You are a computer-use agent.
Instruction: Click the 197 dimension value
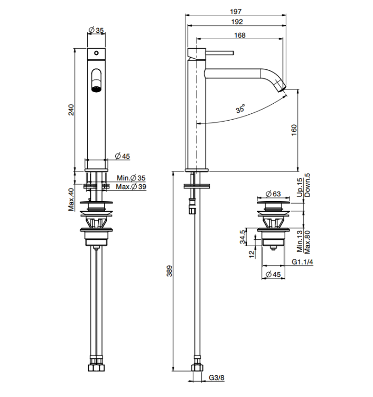click(x=236, y=12)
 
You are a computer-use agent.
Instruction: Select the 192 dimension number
click(x=237, y=22)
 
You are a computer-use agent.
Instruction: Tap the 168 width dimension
click(x=239, y=35)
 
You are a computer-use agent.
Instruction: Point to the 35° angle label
click(x=240, y=109)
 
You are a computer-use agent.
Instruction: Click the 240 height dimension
click(x=71, y=110)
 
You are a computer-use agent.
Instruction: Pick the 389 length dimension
click(x=169, y=271)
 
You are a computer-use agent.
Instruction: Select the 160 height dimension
click(x=294, y=130)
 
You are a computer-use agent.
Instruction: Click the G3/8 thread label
click(x=217, y=378)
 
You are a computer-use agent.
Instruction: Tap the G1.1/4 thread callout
click(x=302, y=261)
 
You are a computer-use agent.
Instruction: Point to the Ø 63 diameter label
click(x=273, y=194)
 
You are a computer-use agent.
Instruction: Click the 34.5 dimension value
click(x=243, y=237)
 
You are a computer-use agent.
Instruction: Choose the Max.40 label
click(x=71, y=199)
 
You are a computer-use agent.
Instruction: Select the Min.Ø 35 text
click(x=131, y=178)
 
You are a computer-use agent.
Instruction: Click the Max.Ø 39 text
click(x=131, y=187)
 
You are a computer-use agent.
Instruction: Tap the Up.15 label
click(x=300, y=187)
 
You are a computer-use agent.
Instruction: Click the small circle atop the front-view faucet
click(x=96, y=53)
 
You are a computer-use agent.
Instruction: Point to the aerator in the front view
click(x=96, y=89)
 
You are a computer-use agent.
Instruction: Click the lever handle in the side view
click(x=219, y=53)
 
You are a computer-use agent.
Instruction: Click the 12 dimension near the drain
click(x=251, y=254)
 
